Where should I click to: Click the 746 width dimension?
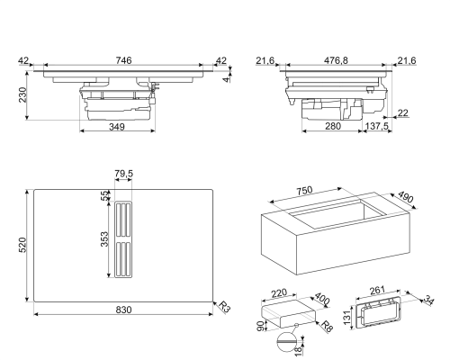point(123,60)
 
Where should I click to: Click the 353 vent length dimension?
point(104,239)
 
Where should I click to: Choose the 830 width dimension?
point(123,310)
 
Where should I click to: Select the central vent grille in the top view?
point(123,240)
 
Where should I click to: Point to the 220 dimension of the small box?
point(279,293)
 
